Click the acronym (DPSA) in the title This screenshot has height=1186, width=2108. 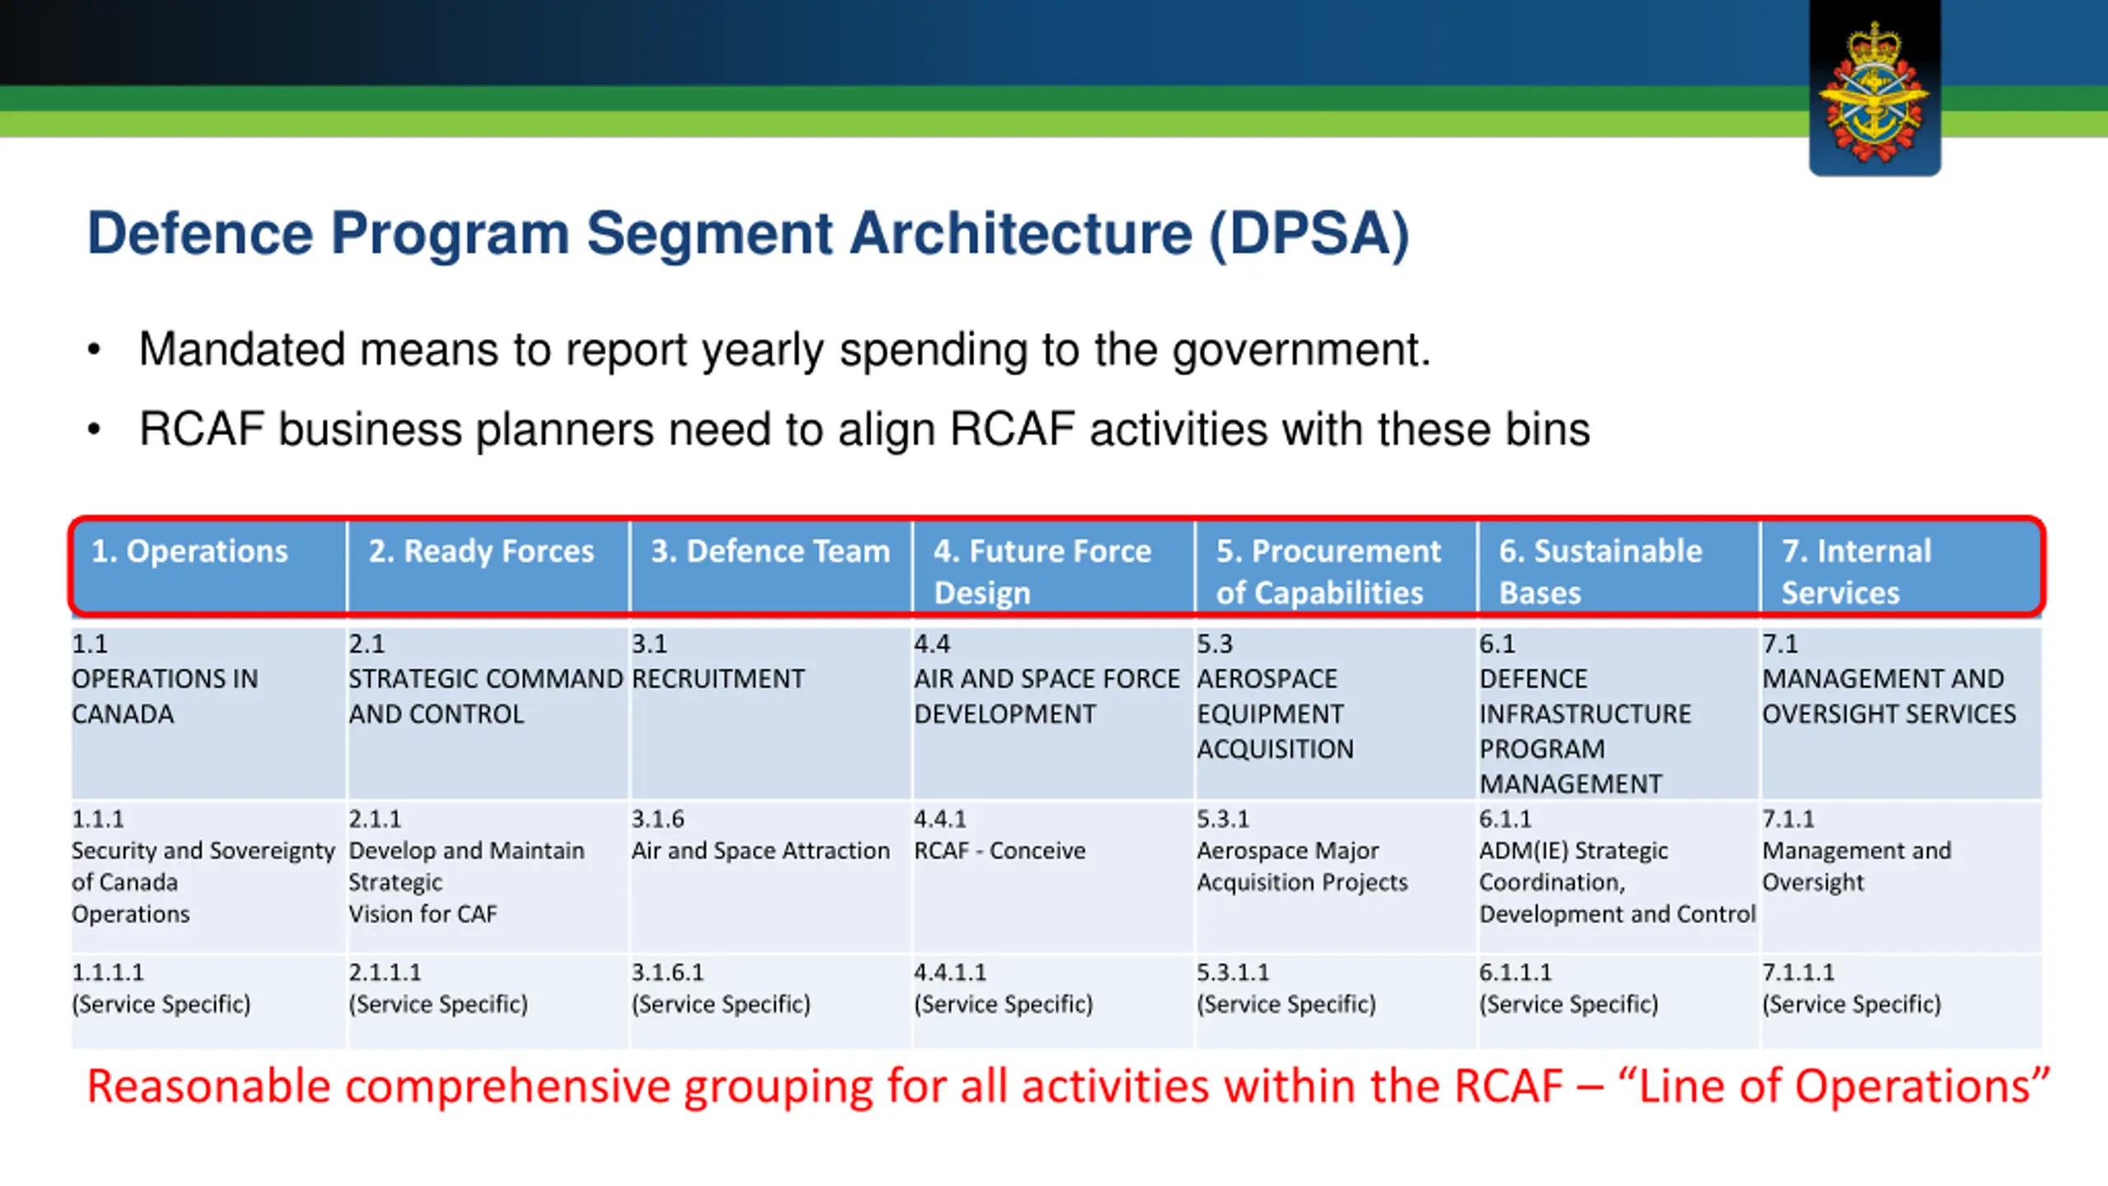point(1309,235)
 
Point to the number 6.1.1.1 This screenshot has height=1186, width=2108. point(1515,973)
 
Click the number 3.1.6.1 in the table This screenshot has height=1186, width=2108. point(668,973)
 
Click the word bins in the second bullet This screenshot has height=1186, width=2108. point(1548,429)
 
